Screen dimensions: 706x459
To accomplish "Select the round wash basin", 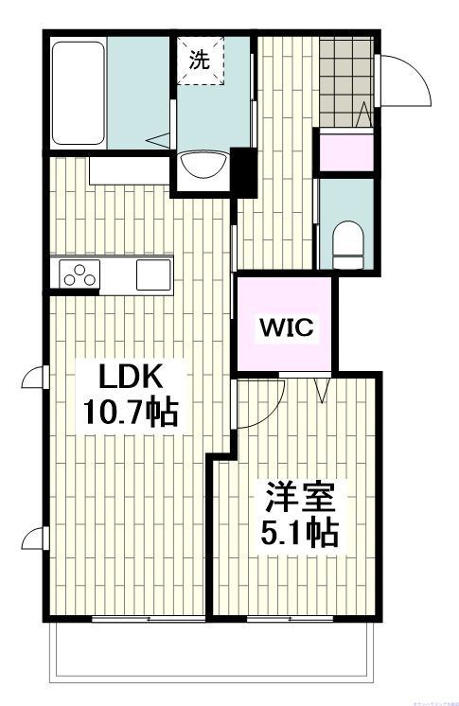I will (202, 166).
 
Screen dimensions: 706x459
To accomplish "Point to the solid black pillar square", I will (243, 171).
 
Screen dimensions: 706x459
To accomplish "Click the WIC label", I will (285, 328).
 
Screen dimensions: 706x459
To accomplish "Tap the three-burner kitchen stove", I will (79, 274).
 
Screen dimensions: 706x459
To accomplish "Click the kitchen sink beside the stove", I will (152, 274).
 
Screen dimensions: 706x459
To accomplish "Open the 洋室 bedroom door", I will (260, 407).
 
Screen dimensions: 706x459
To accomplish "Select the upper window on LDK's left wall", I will (34, 379).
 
